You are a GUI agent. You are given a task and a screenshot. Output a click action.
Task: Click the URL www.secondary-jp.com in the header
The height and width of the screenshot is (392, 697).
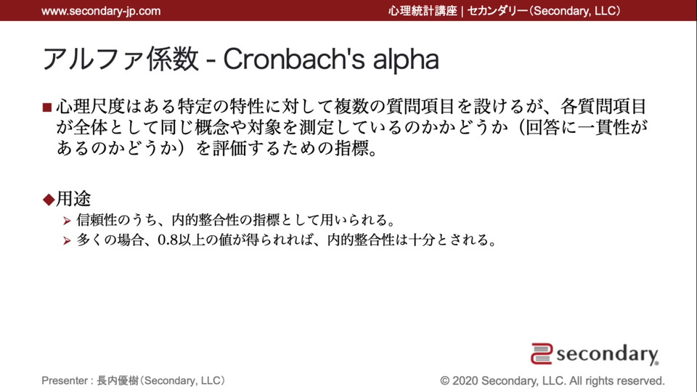[101, 11]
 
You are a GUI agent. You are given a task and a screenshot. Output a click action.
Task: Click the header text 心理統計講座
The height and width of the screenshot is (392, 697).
[423, 11]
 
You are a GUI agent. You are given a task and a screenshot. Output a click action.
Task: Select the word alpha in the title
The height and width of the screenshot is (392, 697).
[406, 60]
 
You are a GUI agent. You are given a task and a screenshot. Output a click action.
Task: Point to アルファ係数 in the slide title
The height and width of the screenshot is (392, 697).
[121, 59]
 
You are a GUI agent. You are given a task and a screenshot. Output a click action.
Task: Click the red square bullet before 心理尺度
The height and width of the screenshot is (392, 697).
[47, 107]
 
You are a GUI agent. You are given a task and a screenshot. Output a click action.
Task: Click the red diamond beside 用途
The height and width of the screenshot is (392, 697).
[49, 199]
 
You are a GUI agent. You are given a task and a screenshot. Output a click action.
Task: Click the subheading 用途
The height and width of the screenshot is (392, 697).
[73, 199]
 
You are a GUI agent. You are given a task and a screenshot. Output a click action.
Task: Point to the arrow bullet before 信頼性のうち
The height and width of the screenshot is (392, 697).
[67, 221]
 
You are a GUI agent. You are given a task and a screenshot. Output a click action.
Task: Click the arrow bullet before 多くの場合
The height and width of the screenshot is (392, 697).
[67, 241]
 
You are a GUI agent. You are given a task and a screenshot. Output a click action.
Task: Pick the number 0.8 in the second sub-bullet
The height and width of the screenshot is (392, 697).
[168, 240]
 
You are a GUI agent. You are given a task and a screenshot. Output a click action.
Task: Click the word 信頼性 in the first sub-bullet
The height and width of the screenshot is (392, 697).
[97, 219]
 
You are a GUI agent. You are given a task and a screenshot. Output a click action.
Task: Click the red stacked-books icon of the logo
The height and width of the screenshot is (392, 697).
[542, 354]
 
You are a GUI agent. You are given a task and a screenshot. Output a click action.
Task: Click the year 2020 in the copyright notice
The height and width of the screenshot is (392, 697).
[465, 381]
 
